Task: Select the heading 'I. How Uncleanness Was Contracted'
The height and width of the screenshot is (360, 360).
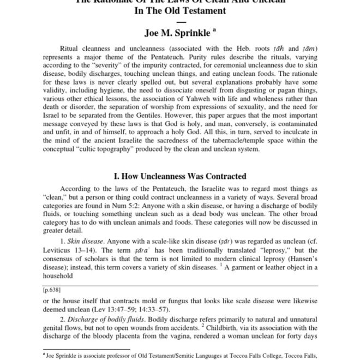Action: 179,176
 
